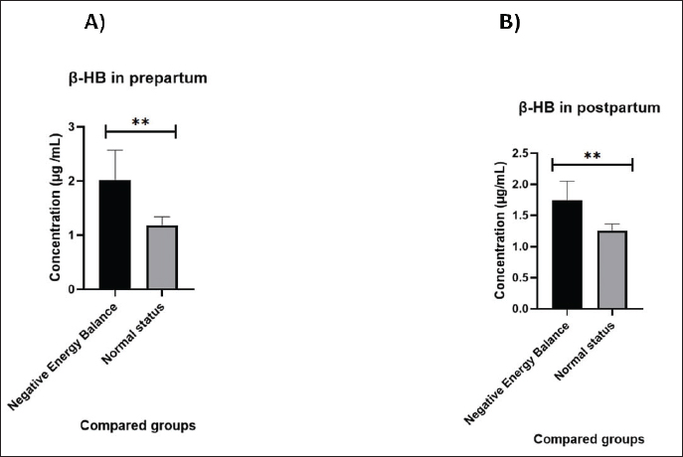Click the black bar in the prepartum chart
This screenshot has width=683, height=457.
114,235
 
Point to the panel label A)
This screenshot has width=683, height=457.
95,24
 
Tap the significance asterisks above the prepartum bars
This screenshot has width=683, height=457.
139,121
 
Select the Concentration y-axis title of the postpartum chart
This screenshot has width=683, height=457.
499,230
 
